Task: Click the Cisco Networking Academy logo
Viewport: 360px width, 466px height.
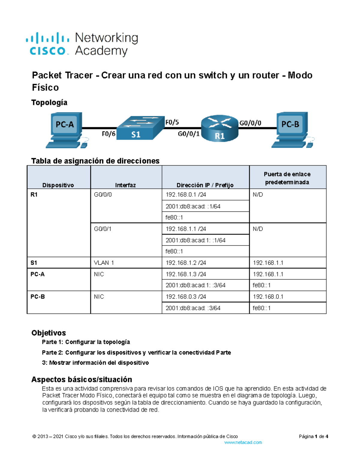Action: [x=82, y=44]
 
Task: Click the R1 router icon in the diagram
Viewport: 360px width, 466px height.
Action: [x=220, y=128]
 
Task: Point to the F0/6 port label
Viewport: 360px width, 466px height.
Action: [x=108, y=134]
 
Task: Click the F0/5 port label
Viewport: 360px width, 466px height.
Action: [x=172, y=122]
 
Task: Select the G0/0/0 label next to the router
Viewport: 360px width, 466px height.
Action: [x=250, y=123]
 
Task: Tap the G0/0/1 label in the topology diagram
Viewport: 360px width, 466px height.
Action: [x=188, y=134]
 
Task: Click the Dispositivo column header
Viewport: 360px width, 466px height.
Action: [x=58, y=185]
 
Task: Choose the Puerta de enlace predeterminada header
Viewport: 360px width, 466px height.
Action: [x=287, y=178]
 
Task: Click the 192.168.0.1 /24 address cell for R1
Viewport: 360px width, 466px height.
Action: [x=186, y=194]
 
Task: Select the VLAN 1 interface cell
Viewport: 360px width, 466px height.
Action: [x=104, y=263]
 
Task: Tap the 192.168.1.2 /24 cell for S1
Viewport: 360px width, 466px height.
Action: [x=186, y=263]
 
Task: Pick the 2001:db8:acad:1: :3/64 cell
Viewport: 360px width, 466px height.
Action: [x=195, y=285]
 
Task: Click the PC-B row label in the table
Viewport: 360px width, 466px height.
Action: [x=38, y=296]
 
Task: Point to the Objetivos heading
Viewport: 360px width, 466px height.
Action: [x=49, y=333]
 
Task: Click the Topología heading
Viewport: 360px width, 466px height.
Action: [x=49, y=103]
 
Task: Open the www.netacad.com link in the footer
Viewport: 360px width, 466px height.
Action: [x=243, y=442]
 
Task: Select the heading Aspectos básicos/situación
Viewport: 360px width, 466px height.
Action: [x=82, y=379]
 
